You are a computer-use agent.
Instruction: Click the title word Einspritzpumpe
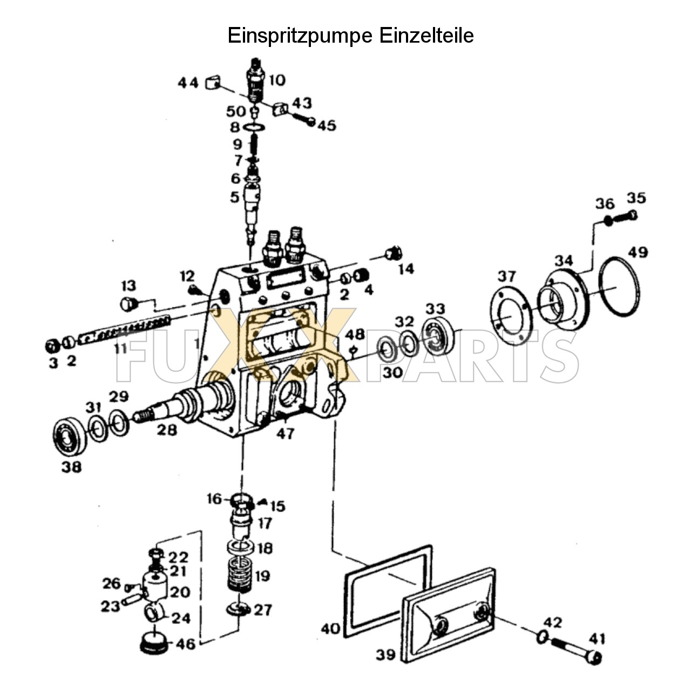pos(300,36)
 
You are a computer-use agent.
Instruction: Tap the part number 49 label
pos(638,252)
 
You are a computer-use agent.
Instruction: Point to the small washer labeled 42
pos(543,638)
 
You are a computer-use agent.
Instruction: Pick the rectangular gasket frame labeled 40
pos(388,591)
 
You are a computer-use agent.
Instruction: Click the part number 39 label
pos(386,655)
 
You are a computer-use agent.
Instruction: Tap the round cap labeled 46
pos(153,644)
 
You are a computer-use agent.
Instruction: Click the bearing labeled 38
pos(70,434)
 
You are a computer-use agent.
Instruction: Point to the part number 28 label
pos(167,430)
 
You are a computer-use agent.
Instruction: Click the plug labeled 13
pos(128,304)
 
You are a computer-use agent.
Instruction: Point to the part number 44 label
pos(188,83)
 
